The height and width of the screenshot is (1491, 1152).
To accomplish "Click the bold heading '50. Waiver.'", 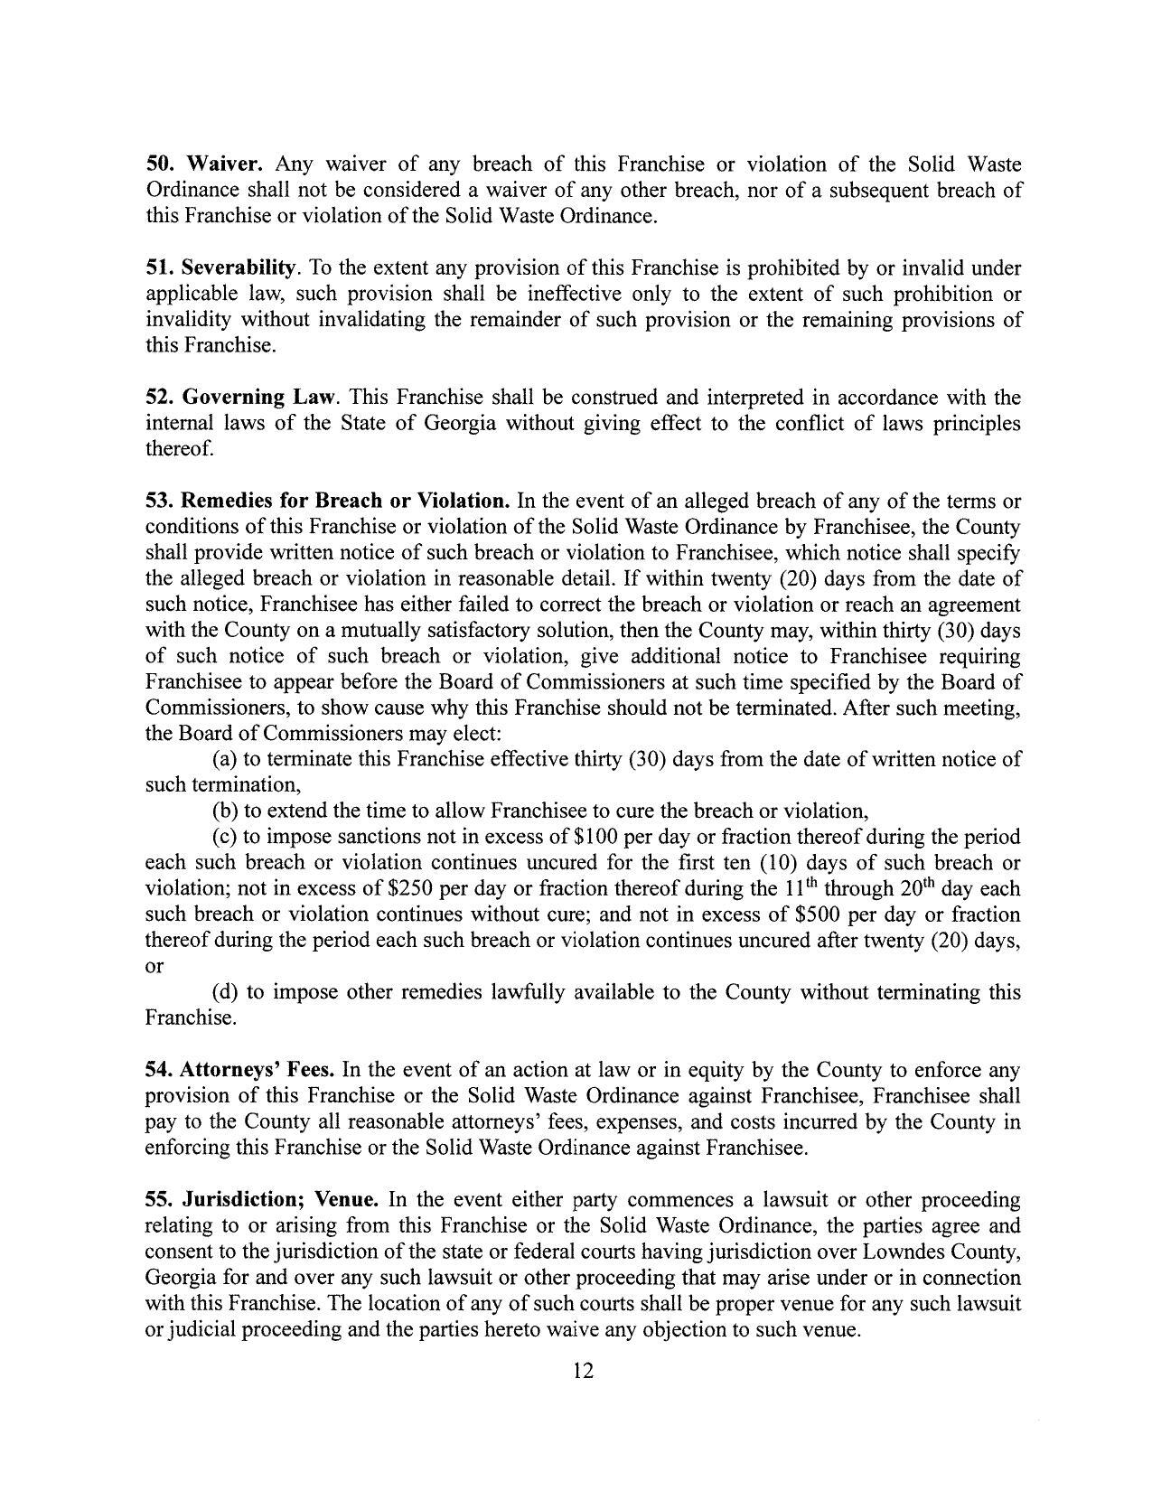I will point(204,164).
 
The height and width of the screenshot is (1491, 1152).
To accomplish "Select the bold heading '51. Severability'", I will point(221,268).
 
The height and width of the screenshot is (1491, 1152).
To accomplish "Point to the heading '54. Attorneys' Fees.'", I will point(240,1071).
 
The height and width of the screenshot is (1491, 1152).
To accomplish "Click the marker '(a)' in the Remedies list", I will point(225,759).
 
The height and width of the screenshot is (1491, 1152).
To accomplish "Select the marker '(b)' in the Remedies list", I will point(225,811).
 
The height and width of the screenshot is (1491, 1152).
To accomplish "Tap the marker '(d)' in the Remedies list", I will point(225,992).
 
